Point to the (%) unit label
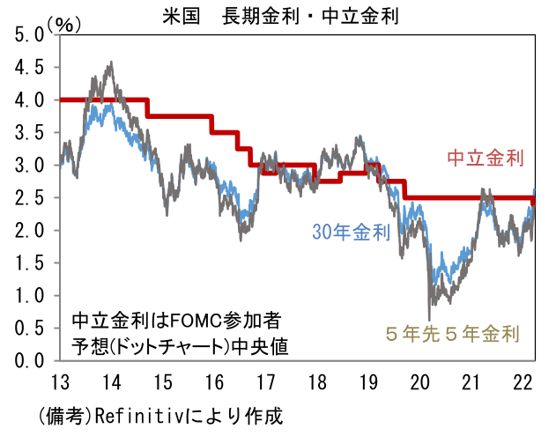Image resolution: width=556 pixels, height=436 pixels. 64,24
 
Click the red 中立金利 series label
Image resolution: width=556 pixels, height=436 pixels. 486,159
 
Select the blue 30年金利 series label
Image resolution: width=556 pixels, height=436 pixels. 351,233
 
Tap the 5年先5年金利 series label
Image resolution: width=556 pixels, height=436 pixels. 452,334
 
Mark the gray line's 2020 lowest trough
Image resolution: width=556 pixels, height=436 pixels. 429,319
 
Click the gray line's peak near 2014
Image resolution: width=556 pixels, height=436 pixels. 110,63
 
